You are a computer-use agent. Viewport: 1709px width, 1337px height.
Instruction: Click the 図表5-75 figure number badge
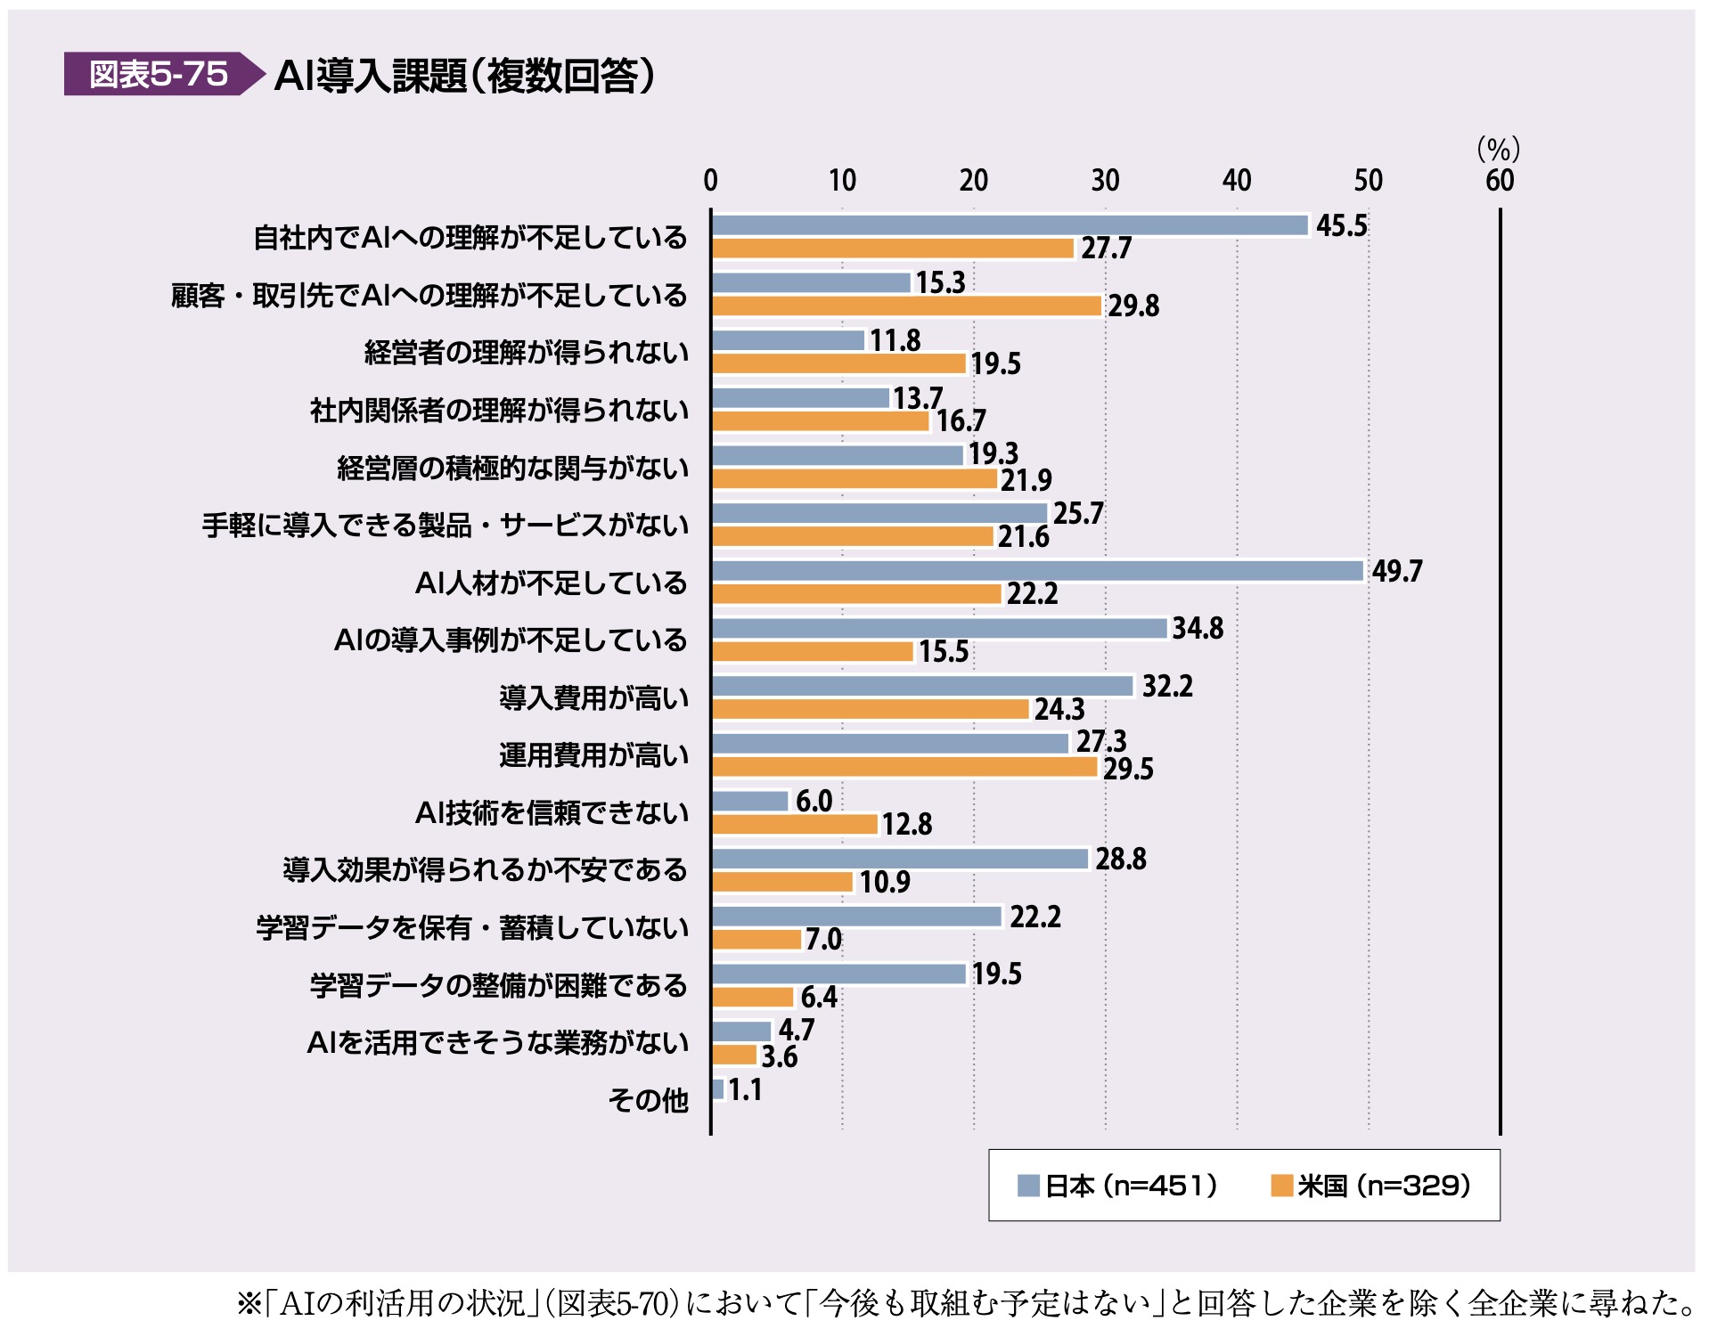159,74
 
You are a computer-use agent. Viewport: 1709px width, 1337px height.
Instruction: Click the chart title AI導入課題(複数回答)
464,76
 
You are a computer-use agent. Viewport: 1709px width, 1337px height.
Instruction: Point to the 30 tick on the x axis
1105,181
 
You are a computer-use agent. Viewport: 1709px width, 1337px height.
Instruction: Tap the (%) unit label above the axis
1498,149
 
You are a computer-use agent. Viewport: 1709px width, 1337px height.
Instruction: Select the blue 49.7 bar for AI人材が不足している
1037,571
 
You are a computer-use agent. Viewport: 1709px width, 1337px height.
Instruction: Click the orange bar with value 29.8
907,306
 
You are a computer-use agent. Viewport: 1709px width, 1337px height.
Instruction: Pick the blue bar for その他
718,1089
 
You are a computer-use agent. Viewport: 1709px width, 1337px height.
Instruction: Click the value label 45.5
1341,226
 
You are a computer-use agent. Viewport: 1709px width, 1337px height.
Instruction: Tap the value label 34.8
1198,629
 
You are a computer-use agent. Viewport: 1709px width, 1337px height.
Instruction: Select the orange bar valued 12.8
795,825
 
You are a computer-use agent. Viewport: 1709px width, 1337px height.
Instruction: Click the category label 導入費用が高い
593,698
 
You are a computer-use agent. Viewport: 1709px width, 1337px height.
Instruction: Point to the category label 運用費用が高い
593,755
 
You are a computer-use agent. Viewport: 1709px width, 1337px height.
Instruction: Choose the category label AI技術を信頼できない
552,813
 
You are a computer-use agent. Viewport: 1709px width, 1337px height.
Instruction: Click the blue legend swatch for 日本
1028,1186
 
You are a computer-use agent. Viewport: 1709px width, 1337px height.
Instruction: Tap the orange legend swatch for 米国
1281,1186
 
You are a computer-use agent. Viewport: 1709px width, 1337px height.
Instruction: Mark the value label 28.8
1121,860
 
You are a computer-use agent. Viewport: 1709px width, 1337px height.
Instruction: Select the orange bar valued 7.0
757,940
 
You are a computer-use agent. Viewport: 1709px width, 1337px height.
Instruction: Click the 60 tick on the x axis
1500,181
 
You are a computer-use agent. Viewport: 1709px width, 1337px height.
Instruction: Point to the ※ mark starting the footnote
248,1305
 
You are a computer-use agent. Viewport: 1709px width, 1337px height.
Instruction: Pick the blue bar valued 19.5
839,974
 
